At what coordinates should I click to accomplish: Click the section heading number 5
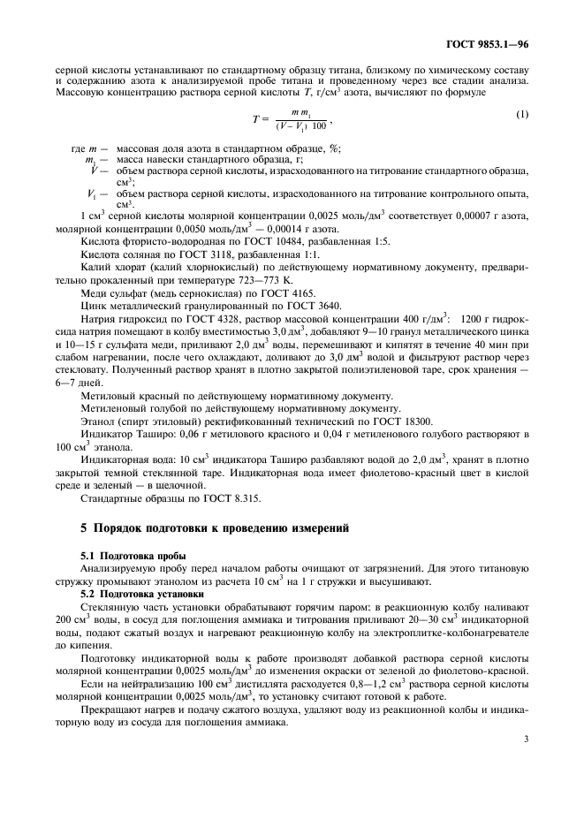[84, 527]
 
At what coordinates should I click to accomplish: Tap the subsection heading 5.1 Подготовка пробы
[137, 555]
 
